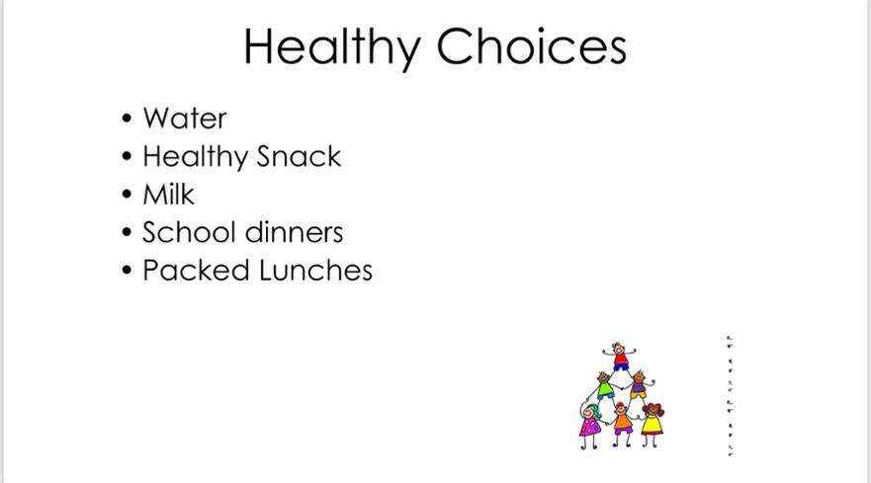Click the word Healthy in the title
tap(331, 48)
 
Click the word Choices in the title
tap(532, 46)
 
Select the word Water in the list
tap(185, 119)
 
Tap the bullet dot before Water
tap(128, 119)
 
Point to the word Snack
tap(299, 156)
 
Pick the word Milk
tap(168, 195)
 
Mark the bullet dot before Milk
tap(128, 195)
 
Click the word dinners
tap(294, 232)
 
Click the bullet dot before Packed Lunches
tap(128, 271)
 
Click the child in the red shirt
tap(620, 358)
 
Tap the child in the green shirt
tap(604, 385)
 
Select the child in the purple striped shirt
tap(640, 384)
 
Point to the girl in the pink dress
tap(590, 426)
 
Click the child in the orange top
tap(622, 423)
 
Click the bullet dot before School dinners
tap(128, 232)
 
